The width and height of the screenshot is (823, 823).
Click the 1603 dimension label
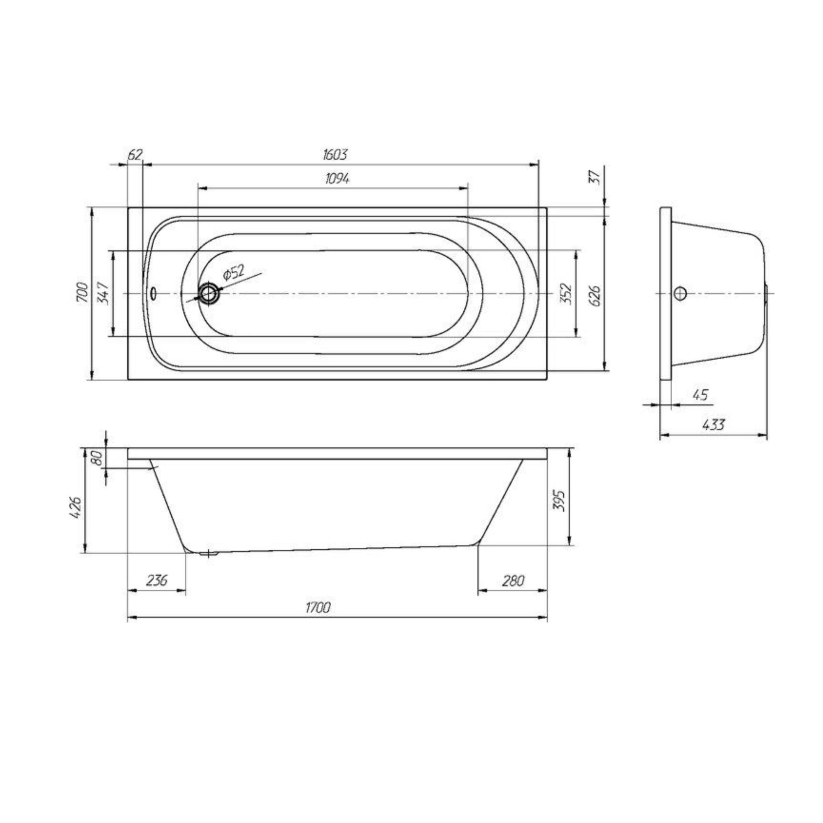(x=335, y=154)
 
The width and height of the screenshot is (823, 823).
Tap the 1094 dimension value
(x=337, y=179)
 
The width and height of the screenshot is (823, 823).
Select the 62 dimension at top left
(x=135, y=155)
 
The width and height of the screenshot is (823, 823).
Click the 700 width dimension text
(x=83, y=292)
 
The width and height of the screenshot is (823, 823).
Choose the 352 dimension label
(x=566, y=293)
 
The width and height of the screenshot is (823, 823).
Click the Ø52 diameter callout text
(x=233, y=272)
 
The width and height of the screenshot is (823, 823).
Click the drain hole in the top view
(x=209, y=293)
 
